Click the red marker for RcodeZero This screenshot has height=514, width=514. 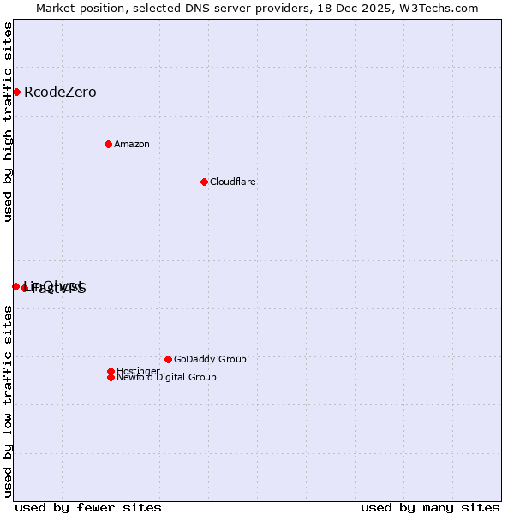16,92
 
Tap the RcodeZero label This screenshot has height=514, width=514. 60,93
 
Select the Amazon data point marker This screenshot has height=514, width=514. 108,144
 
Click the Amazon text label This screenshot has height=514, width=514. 132,144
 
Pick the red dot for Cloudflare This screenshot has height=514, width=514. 204,182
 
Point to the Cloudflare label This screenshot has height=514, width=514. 233,182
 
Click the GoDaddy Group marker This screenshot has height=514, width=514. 168,359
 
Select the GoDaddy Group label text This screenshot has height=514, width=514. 210,359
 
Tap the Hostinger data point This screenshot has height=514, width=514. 111,371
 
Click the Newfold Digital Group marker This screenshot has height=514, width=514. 111,377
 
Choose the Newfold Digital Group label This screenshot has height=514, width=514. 167,377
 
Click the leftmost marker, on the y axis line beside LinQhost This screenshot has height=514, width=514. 15,286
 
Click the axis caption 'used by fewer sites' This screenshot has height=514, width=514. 88,507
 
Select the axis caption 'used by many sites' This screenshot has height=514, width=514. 430,507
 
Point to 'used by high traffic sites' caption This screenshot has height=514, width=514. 8,122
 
